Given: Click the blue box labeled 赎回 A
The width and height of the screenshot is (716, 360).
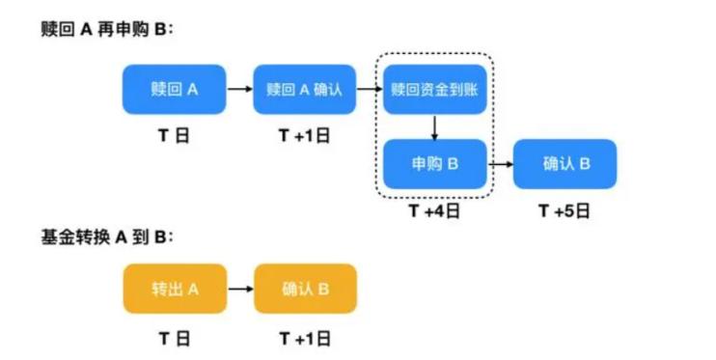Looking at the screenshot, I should tap(174, 90).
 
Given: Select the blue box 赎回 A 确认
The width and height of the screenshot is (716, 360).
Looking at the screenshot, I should tap(305, 90).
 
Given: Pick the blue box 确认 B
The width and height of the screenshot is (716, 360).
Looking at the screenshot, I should tap(565, 164).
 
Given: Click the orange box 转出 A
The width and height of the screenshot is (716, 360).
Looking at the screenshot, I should tap(174, 289).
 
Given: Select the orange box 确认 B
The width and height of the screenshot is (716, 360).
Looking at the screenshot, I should tap(305, 289).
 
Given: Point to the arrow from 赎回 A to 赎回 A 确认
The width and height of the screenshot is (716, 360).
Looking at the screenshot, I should tap(239, 90).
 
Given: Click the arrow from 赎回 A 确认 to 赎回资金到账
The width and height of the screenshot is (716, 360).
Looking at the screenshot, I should tap(370, 90).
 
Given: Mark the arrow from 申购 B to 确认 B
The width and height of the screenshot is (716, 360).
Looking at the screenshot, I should tap(500, 164).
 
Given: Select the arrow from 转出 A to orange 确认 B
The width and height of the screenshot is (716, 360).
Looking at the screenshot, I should tap(239, 289).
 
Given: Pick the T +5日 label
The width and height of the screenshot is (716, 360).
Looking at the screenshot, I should tap(565, 211).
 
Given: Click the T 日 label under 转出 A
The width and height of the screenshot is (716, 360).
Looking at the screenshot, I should tap(174, 338).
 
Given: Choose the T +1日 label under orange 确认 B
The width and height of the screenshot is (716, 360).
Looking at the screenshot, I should tap(305, 338).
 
